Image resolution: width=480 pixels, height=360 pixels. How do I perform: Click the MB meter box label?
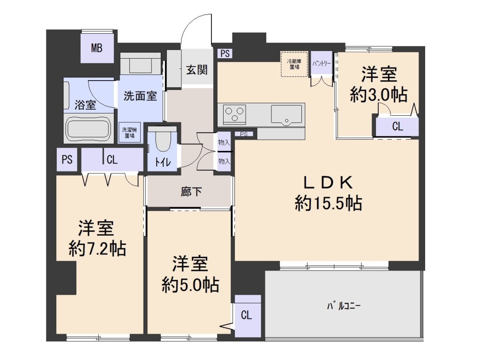[x=97, y=48]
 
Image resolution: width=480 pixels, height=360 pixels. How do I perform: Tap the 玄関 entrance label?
[x=197, y=70]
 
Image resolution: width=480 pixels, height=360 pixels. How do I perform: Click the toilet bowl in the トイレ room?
[x=163, y=141]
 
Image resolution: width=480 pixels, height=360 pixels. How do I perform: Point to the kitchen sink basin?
[x=286, y=114]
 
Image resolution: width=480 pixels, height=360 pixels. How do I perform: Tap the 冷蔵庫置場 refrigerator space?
[x=294, y=64]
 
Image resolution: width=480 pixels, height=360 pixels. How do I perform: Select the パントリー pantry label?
[x=322, y=64]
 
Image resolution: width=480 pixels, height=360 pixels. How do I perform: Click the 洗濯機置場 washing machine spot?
[x=129, y=133]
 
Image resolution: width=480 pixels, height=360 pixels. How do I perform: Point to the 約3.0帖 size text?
[x=379, y=95]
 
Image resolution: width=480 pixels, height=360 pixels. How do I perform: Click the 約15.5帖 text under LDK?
[x=329, y=203]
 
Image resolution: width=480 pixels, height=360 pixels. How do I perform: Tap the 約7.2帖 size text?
[x=97, y=248]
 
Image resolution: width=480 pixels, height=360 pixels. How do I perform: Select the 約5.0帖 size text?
[x=190, y=285]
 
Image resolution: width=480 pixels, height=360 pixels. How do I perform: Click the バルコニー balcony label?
[x=344, y=306]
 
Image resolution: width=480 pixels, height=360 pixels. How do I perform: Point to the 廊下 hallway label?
[x=191, y=192]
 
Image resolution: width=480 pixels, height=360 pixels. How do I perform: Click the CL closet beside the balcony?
[x=247, y=315]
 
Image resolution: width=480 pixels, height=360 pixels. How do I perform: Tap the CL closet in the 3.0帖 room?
[x=397, y=126]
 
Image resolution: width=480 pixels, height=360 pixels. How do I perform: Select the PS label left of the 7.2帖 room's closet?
[x=67, y=159]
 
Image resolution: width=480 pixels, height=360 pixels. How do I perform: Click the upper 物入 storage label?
[x=224, y=142]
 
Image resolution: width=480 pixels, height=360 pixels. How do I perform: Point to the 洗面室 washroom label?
[x=140, y=96]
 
